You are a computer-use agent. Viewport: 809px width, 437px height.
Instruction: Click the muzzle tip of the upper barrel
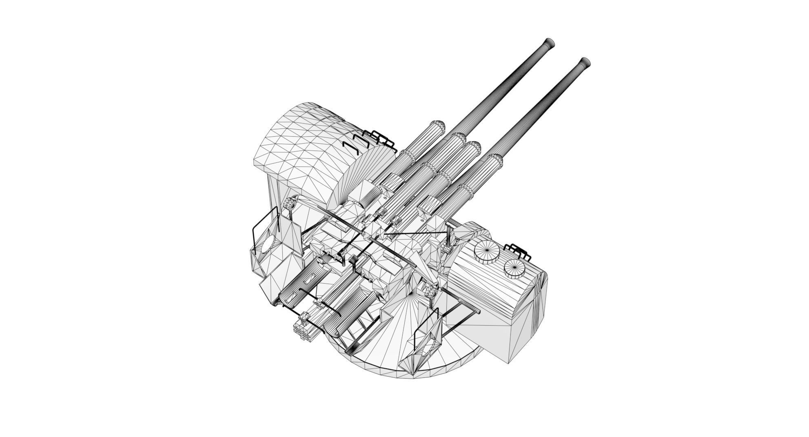tap(550, 42)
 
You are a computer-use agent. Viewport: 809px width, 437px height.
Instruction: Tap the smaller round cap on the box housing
tap(514, 268)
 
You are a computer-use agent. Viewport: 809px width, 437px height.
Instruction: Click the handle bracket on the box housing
tap(519, 251)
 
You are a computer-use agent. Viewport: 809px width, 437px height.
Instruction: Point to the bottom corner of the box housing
tap(508, 362)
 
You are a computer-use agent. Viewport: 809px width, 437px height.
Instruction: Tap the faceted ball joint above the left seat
tap(290, 202)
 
